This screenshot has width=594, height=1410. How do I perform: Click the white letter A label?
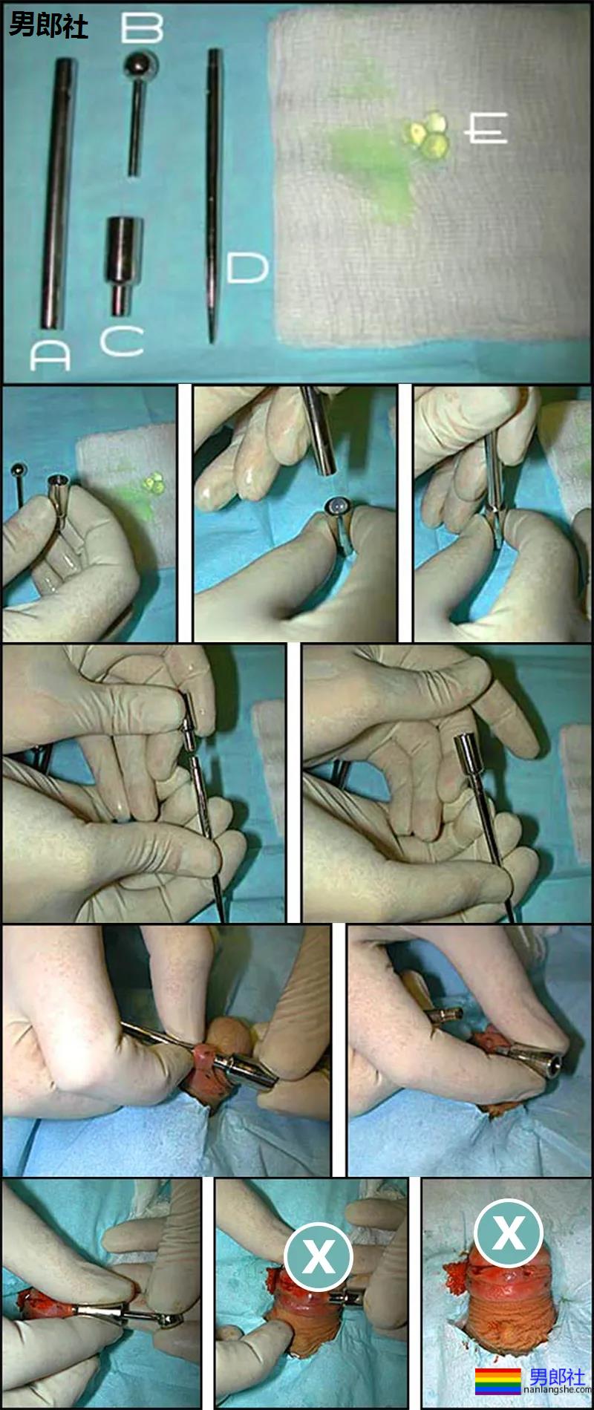coord(50,356)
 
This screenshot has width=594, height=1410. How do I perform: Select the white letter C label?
coord(122,340)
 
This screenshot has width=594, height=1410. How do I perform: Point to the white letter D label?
coord(247,268)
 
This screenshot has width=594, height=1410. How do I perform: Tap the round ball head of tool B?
coord(140,68)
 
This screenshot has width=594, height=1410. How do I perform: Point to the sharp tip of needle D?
coord(212,340)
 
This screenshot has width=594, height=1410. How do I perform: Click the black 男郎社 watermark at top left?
coord(49,27)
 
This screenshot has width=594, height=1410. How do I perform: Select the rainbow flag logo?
coord(497,1380)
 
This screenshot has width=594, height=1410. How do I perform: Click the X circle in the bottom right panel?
coord(508,1233)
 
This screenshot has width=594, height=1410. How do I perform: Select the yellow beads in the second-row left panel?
coord(155,484)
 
